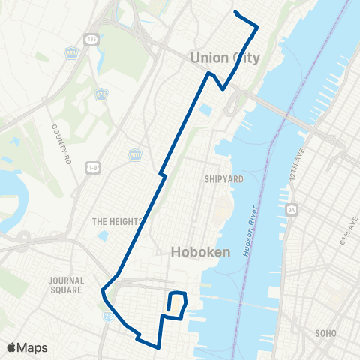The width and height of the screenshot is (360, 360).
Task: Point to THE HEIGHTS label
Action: coord(116,222)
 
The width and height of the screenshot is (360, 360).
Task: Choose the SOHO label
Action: coord(326,332)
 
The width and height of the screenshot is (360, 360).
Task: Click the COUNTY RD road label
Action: coord(60,136)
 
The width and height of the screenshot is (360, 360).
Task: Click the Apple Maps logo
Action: coord(27,347)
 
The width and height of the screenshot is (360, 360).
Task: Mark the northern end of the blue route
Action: coord(235,12)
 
